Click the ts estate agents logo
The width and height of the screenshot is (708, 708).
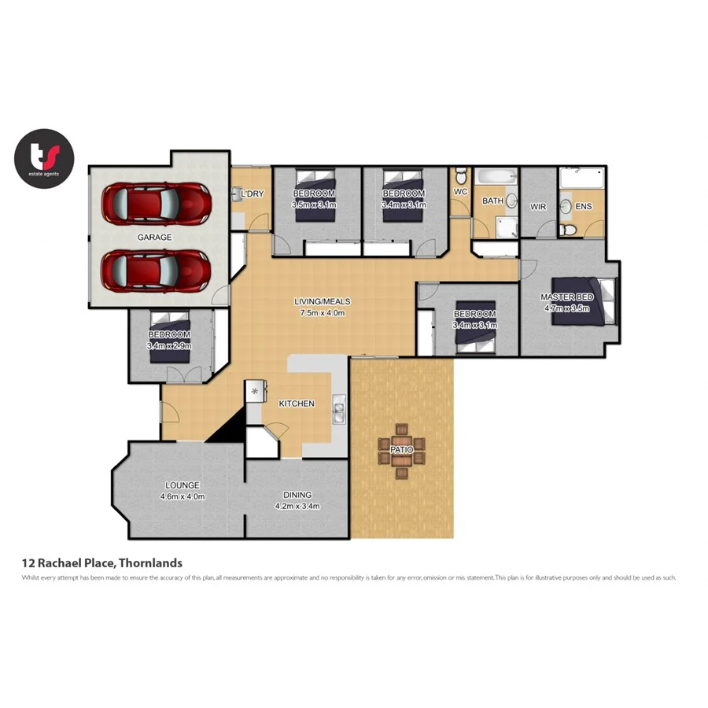click(44, 159)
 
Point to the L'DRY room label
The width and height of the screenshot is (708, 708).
click(253, 194)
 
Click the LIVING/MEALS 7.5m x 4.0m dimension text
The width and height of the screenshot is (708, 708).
click(323, 312)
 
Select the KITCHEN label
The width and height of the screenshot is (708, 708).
click(297, 404)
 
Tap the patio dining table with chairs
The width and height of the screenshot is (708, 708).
click(402, 450)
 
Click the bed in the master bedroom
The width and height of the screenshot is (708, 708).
click(582, 301)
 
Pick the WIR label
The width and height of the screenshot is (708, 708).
click(538, 207)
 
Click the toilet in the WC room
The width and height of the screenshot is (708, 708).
click(460, 175)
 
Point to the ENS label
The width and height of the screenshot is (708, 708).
click(583, 207)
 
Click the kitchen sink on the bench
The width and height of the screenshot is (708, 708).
click(338, 412)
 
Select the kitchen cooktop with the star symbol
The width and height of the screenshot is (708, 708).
click(256, 391)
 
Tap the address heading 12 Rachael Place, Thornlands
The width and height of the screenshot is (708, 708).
click(102, 562)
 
